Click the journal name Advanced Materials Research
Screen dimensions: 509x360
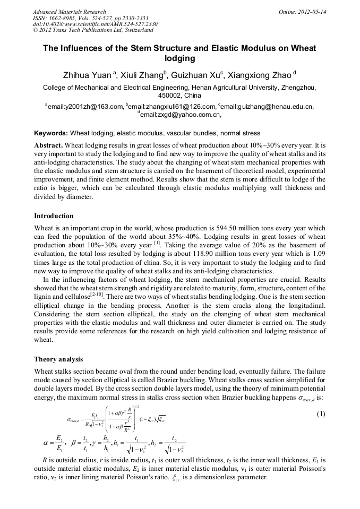click(69, 12)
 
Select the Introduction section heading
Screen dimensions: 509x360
click(54, 216)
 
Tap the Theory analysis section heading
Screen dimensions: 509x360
click(58, 359)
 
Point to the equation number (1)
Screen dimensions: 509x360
click(321, 414)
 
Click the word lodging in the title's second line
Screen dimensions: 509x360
click(179, 58)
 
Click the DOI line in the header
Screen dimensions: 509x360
click(95, 24)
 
